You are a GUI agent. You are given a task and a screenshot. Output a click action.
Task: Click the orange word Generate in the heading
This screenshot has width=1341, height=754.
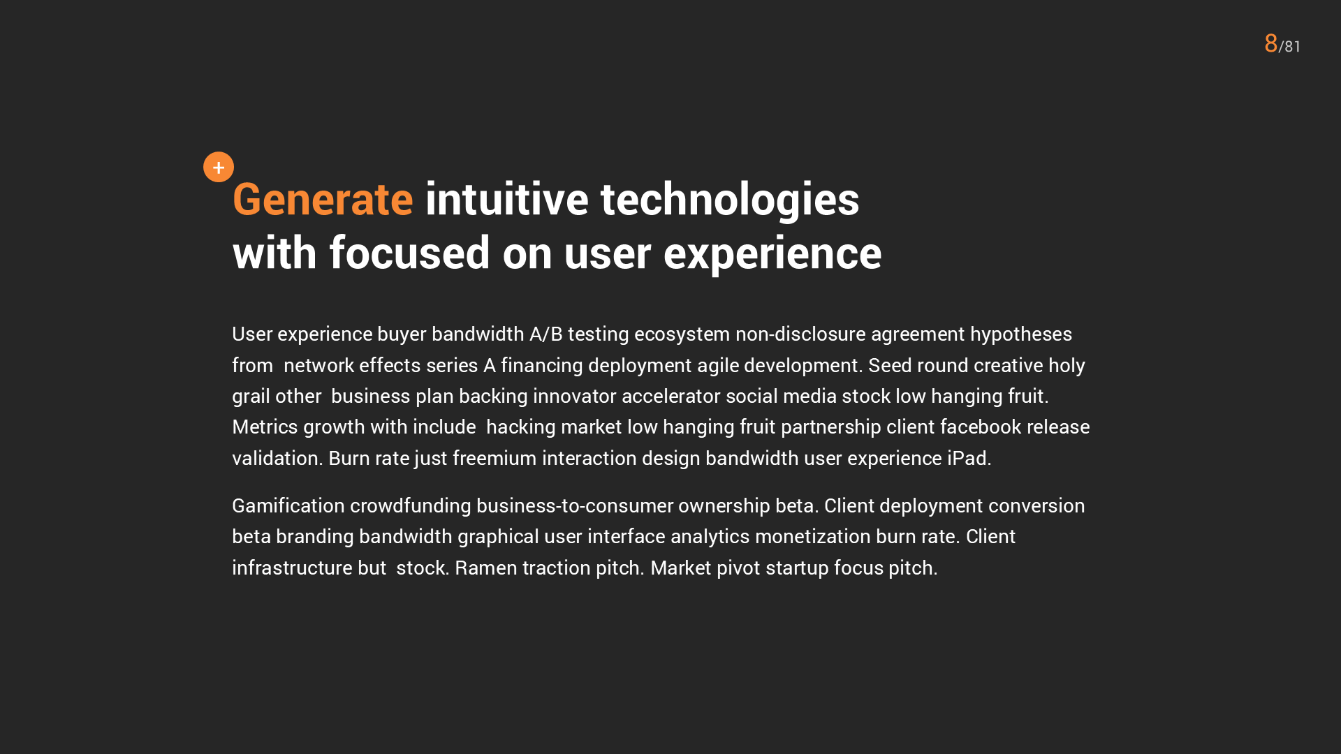(x=323, y=200)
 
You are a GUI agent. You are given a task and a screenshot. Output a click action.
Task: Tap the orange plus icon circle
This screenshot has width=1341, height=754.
(x=219, y=167)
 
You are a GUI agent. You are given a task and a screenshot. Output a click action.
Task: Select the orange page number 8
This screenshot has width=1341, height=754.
(x=1270, y=43)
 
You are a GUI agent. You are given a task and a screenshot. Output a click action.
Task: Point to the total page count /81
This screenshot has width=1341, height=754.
(x=1289, y=46)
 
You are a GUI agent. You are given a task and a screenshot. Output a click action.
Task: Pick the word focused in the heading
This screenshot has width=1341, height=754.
(x=409, y=253)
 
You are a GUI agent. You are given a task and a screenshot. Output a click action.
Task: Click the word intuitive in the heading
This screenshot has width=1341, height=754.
(x=507, y=200)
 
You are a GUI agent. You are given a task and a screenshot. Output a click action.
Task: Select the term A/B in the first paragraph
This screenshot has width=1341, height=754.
(x=546, y=334)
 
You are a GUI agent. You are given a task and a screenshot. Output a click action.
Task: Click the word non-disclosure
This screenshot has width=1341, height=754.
(x=800, y=334)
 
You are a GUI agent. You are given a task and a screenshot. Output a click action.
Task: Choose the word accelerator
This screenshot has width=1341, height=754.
(x=670, y=397)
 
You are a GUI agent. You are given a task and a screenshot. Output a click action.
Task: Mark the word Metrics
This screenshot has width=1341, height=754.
(x=265, y=427)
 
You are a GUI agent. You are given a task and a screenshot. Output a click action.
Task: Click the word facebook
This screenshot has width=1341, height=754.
(x=981, y=427)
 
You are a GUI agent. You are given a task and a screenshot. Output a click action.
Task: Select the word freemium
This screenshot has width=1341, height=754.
(x=494, y=459)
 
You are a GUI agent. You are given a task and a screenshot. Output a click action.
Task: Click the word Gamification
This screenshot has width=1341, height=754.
(x=288, y=505)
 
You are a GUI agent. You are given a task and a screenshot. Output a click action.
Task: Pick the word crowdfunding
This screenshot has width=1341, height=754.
(x=411, y=506)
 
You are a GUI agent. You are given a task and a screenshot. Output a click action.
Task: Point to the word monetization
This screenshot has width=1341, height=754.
(x=813, y=537)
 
